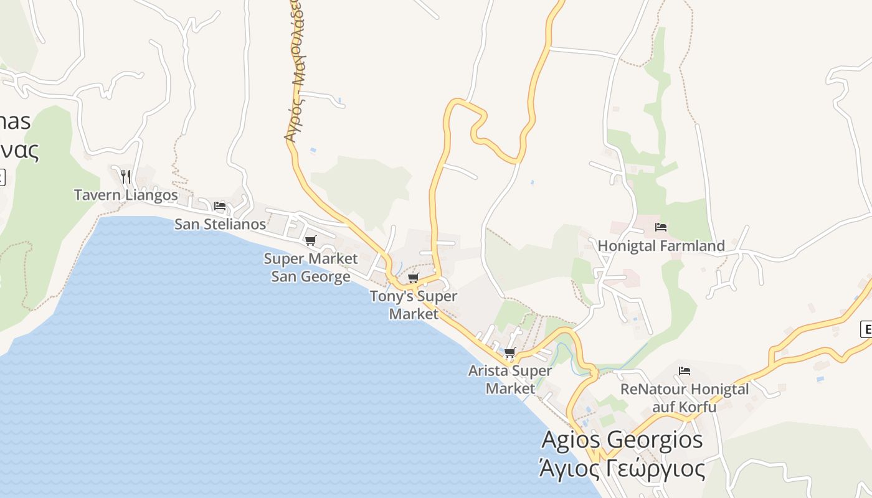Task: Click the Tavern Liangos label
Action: (126, 195)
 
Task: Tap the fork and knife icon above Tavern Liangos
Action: (126, 176)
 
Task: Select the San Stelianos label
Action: (220, 224)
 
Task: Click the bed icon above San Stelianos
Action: (219, 205)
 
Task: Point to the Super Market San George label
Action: (310, 267)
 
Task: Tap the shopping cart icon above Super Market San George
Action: (310, 240)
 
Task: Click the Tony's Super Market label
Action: (414, 304)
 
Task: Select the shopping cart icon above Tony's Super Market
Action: (413, 278)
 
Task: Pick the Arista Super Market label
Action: (510, 379)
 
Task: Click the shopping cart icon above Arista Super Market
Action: (510, 353)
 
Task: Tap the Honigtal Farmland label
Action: (661, 246)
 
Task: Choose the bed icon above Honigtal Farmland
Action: (661, 227)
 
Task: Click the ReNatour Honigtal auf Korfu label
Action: (685, 398)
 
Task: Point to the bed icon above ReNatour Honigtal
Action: (685, 371)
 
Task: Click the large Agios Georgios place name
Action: (622, 439)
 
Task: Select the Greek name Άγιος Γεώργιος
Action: (622, 468)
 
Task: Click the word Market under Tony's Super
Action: (414, 314)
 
